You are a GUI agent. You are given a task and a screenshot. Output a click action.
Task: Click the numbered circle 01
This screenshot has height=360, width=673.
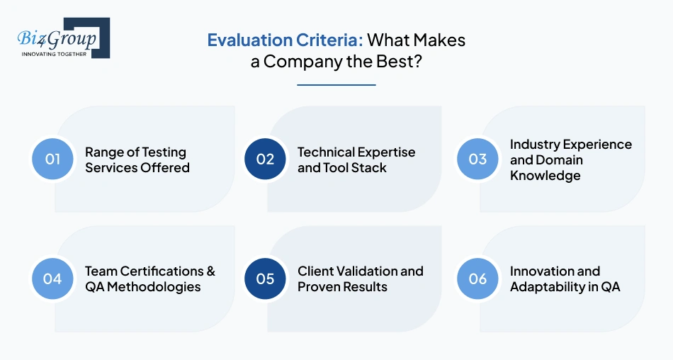coord(53,159)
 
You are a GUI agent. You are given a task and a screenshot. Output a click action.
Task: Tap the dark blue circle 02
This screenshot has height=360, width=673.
coord(265,159)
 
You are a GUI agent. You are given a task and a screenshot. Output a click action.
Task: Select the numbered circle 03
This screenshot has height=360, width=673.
coord(478,159)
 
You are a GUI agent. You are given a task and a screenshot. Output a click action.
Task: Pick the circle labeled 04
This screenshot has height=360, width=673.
coord(53,279)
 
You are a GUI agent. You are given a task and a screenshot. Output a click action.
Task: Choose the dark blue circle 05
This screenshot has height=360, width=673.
coord(265,279)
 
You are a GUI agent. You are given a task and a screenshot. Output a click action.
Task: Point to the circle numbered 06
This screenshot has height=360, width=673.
coord(478,279)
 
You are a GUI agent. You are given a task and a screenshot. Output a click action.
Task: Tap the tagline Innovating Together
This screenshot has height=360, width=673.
coord(55,54)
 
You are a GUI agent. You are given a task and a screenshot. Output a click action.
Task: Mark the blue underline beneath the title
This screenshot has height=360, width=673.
coord(336,84)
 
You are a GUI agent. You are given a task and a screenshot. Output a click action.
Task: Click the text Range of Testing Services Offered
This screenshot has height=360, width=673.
coord(137,160)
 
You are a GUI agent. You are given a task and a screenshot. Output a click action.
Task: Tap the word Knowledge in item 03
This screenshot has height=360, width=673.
coord(545,176)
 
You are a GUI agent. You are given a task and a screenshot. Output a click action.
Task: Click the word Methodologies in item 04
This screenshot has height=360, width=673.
coord(154,287)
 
